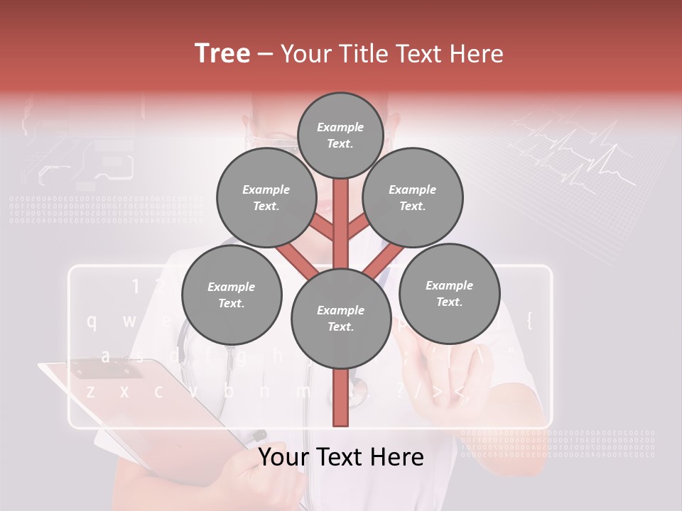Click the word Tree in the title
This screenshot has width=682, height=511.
point(222,53)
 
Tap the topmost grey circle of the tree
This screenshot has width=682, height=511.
point(340,135)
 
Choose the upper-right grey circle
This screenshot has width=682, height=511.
point(413,197)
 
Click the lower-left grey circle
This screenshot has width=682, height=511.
point(232,295)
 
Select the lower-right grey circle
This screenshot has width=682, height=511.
point(449,293)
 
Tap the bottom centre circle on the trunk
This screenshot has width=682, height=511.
point(340,318)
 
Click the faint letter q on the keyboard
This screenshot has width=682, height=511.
point(92,321)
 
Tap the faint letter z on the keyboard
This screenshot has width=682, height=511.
point(90,390)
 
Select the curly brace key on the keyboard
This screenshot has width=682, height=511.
point(529,319)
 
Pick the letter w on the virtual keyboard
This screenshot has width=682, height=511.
point(129,321)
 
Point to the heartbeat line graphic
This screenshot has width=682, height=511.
point(583,156)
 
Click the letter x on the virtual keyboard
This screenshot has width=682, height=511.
point(124,390)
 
